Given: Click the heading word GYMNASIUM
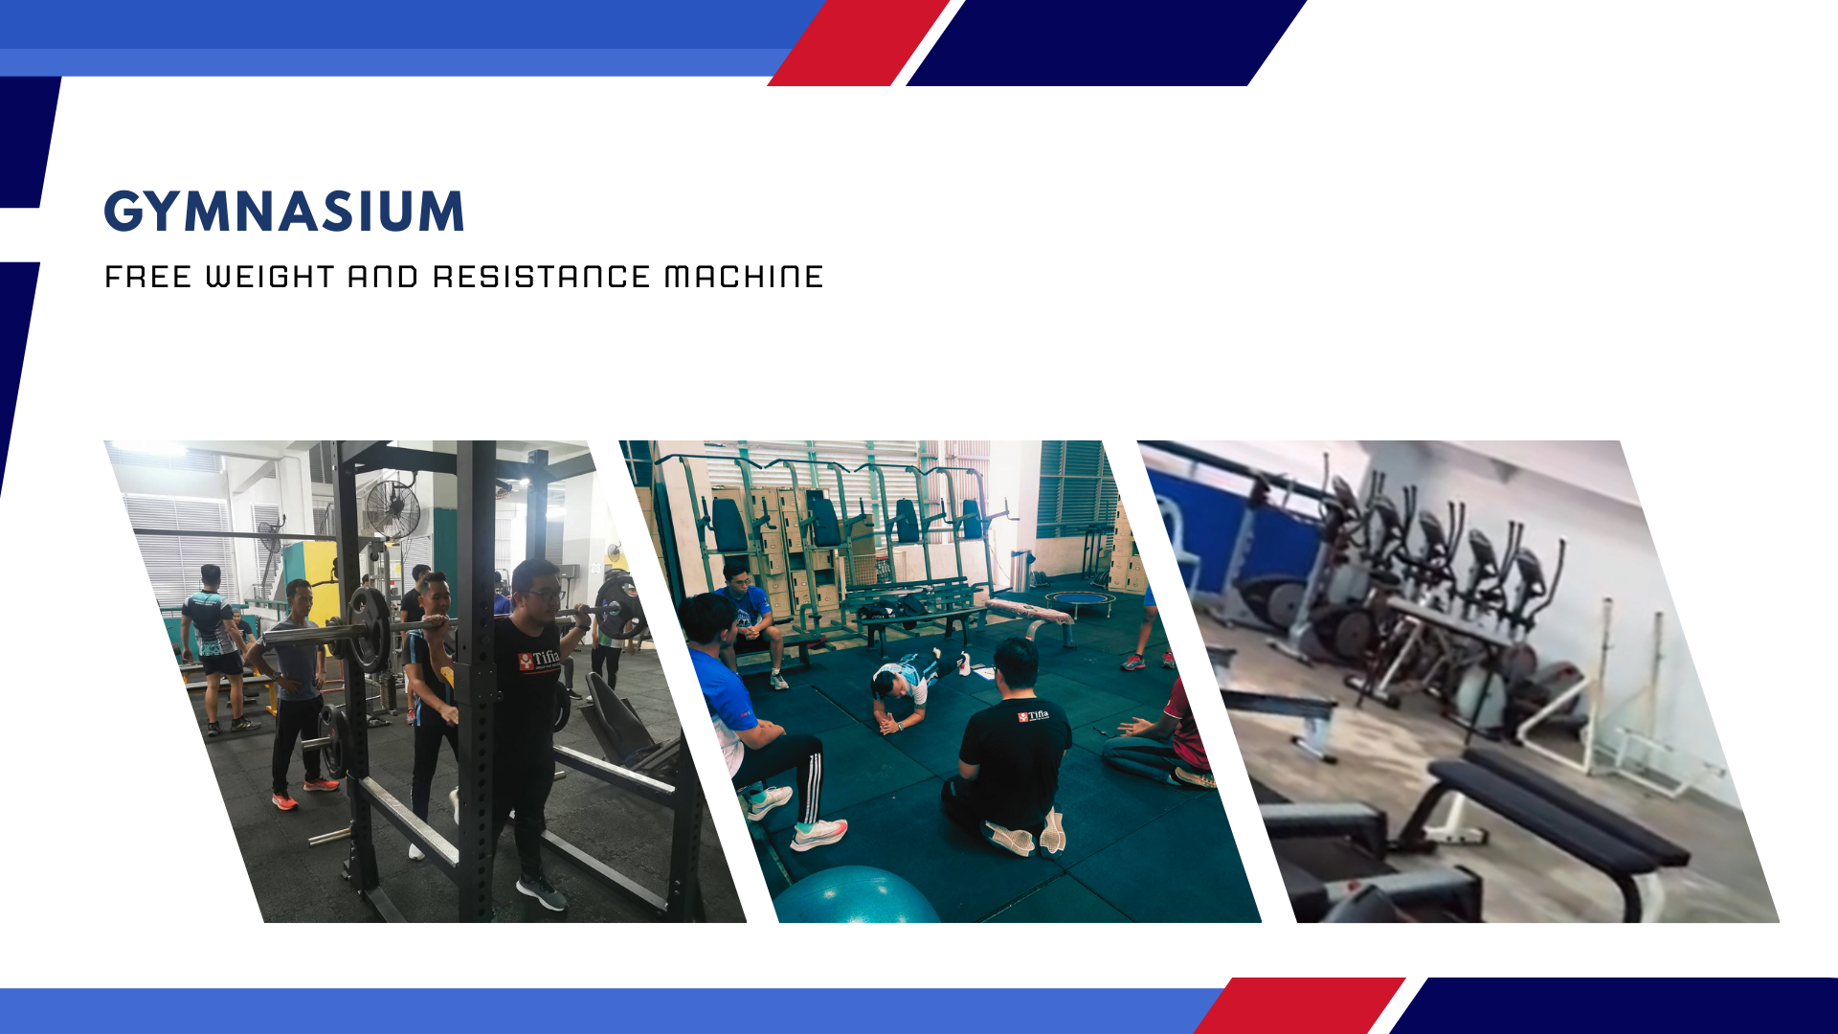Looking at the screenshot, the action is (284, 212).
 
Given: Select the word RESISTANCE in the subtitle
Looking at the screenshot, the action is (542, 277).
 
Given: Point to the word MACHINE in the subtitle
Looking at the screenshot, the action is (744, 277).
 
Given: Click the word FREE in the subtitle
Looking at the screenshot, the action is (147, 277).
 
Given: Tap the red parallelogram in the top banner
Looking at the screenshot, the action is (859, 43).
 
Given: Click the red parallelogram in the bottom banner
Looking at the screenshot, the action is (1299, 1005).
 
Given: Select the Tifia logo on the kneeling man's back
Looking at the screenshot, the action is (1033, 714).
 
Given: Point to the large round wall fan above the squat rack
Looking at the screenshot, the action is (392, 508).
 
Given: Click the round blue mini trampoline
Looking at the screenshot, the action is (1080, 600).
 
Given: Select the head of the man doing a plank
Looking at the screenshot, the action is (886, 683).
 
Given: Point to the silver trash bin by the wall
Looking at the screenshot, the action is (1022, 571).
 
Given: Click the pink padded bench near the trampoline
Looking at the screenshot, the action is (1029, 611).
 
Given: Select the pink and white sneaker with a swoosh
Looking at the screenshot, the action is (818, 835).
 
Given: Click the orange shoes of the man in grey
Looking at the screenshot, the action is (304, 793).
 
